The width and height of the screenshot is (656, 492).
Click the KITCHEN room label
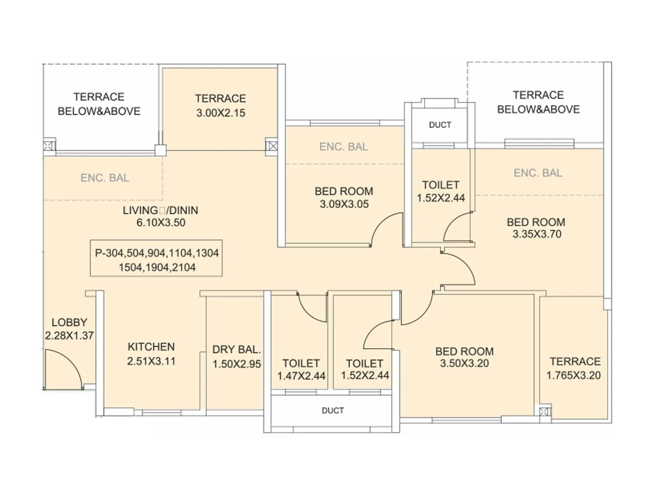click(x=151, y=347)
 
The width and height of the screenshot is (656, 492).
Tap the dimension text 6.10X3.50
click(x=161, y=223)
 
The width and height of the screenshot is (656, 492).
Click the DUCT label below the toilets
click(x=333, y=410)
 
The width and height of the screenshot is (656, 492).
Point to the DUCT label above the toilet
click(x=440, y=125)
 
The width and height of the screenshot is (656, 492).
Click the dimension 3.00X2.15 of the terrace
click(x=221, y=113)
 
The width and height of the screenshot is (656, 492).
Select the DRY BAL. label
click(x=237, y=350)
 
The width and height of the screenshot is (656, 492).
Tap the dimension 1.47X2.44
click(x=301, y=376)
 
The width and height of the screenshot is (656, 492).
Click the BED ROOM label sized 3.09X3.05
click(x=344, y=191)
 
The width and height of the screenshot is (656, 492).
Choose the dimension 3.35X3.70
click(x=537, y=234)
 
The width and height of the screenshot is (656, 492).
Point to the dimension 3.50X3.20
click(x=464, y=363)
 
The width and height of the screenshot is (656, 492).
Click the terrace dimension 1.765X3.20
click(x=573, y=375)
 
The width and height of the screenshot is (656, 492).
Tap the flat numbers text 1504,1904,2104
click(x=157, y=267)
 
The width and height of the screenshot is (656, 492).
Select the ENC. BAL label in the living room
click(x=105, y=178)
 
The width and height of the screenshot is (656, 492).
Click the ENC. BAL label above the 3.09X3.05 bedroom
click(x=343, y=147)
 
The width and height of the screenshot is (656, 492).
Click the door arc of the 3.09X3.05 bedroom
click(x=385, y=228)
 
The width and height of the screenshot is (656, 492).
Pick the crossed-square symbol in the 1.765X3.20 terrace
click(x=544, y=412)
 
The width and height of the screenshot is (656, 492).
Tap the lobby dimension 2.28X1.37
click(x=69, y=335)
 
